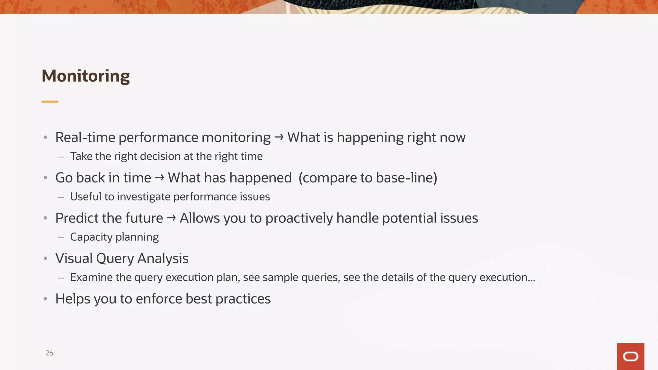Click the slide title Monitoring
(x=85, y=76)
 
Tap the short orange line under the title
(x=50, y=101)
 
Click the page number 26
(x=49, y=353)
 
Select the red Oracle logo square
(x=630, y=356)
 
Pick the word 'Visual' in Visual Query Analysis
(x=74, y=259)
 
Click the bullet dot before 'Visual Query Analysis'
(x=46, y=259)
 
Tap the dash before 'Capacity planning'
(x=61, y=238)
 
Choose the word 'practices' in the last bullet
(x=243, y=299)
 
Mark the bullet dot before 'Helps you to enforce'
(x=46, y=299)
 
